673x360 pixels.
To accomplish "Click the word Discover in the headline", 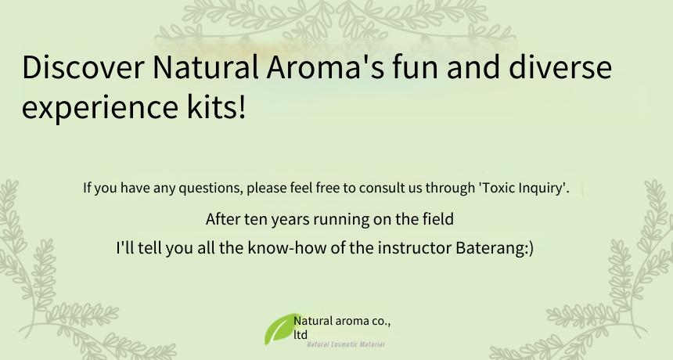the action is pyautogui.click(x=83, y=67).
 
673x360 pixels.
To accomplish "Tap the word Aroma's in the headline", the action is pyautogui.click(x=326, y=67).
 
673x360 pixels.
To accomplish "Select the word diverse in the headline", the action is pyautogui.click(x=560, y=67).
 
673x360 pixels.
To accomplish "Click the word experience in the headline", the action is pyautogui.click(x=99, y=108).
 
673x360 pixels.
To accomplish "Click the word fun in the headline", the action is pyautogui.click(x=415, y=67).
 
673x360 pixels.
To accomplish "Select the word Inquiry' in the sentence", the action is pyautogui.click(x=545, y=189).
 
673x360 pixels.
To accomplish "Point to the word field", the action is pyautogui.click(x=438, y=219).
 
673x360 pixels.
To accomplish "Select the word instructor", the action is pyautogui.click(x=415, y=248).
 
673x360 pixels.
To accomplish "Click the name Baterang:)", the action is pyautogui.click(x=495, y=248).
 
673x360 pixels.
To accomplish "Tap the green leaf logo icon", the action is pyautogui.click(x=281, y=329).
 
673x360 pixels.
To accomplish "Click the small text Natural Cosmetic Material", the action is pyautogui.click(x=346, y=344).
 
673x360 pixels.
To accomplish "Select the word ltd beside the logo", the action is pyautogui.click(x=301, y=335).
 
